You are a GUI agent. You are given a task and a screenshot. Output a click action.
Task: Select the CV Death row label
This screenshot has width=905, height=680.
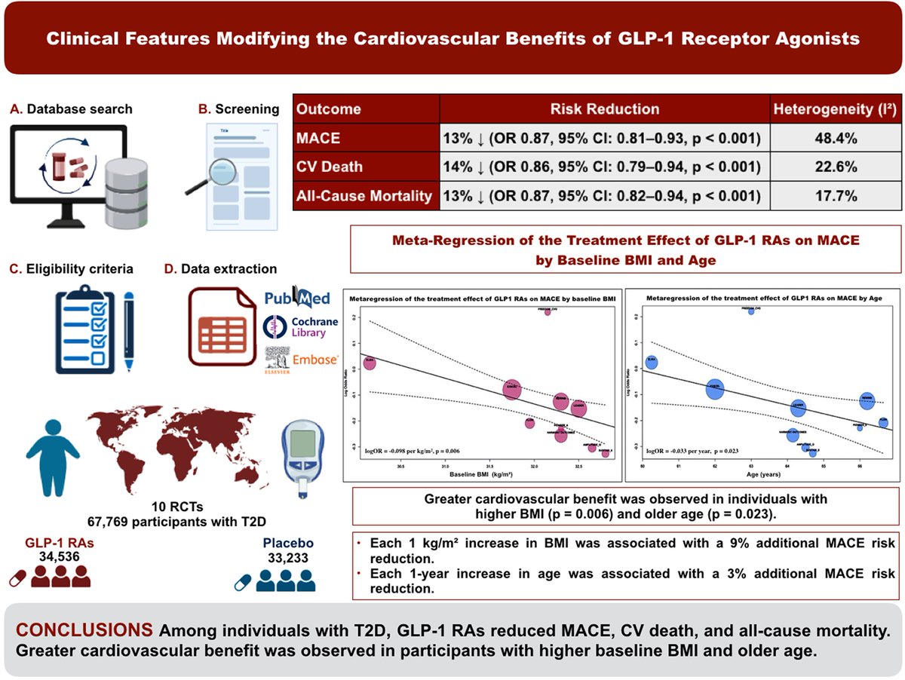tap(329, 167)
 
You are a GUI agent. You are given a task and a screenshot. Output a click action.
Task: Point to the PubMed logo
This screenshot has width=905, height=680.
tap(297, 298)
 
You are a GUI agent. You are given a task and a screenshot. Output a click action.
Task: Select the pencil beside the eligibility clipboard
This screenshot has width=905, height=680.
tap(129, 332)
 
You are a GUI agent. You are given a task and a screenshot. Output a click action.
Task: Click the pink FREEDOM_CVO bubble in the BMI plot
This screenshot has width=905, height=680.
tap(548, 311)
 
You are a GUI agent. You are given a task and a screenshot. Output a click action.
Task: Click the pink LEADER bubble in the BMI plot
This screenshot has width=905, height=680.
tap(578, 408)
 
